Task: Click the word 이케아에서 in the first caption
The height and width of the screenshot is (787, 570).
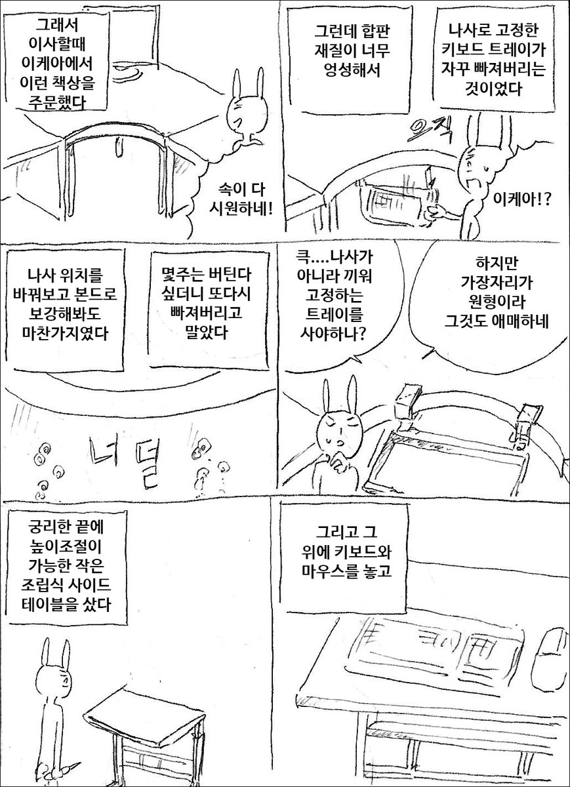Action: [x=56, y=64]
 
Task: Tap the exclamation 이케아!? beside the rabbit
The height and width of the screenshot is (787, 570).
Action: [x=521, y=199]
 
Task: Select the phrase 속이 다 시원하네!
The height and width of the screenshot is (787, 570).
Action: [x=241, y=200]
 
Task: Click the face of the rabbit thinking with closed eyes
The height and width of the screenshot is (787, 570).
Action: [x=340, y=430]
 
